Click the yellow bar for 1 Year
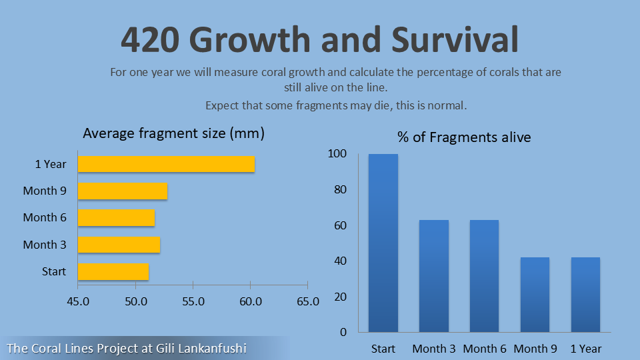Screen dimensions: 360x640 [166, 164]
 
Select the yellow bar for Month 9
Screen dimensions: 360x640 [123, 191]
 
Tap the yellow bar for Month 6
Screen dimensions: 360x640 [116, 218]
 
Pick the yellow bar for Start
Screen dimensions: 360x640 [113, 272]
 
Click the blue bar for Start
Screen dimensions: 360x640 [383, 243]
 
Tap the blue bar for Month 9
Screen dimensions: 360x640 [535, 294]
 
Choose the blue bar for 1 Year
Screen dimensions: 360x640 [586, 294]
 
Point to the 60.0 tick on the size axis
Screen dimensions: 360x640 [250, 301]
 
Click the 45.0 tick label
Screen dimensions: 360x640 [78, 301]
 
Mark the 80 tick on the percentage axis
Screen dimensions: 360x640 [340, 190]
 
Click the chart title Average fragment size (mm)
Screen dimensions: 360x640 [174, 133]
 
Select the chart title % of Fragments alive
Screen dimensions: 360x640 [464, 137]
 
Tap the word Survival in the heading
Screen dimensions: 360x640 [455, 39]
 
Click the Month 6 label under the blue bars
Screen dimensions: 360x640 [485, 349]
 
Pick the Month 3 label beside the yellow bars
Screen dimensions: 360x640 [45, 245]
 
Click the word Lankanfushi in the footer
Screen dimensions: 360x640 [213, 348]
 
